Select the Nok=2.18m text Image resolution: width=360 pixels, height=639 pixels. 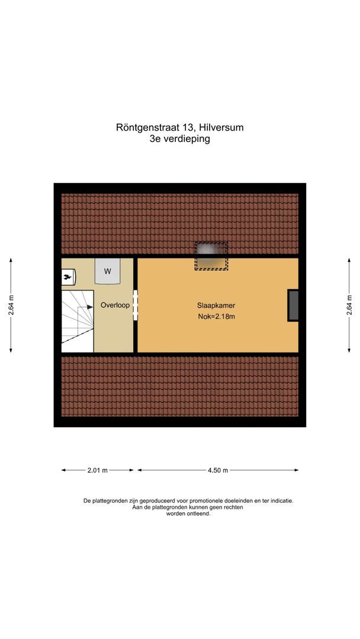[217, 317]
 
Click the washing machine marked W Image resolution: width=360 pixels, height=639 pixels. [108, 271]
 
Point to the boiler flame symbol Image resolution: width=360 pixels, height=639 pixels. [69, 275]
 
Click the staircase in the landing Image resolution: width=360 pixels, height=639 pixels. [78, 319]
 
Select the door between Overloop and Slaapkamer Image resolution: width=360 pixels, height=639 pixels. [136, 305]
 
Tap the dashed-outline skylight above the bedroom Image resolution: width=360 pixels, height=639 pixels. [211, 256]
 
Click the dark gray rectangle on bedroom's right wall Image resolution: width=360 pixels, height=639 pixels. [293, 305]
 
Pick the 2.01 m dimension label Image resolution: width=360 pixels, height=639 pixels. [98, 470]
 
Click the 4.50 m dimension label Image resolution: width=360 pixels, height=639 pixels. [217, 470]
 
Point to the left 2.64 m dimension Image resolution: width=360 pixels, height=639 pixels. [11, 305]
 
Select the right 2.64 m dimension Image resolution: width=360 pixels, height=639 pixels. [349, 305]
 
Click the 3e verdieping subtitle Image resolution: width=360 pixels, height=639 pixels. [180, 140]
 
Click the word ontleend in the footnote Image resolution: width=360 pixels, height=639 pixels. [200, 514]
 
